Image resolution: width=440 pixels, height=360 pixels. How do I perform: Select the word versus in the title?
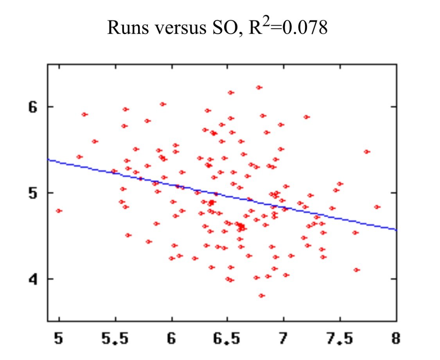176,28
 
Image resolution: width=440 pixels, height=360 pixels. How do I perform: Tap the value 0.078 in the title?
305,28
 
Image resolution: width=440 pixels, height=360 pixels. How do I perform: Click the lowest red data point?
262,295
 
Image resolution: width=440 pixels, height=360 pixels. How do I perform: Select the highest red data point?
259,87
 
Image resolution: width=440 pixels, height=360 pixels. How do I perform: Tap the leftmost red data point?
59,211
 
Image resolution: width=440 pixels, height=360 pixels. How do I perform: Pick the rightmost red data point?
377,207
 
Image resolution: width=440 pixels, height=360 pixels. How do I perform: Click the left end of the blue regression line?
48,159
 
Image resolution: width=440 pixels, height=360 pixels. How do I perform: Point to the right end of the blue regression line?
396,230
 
